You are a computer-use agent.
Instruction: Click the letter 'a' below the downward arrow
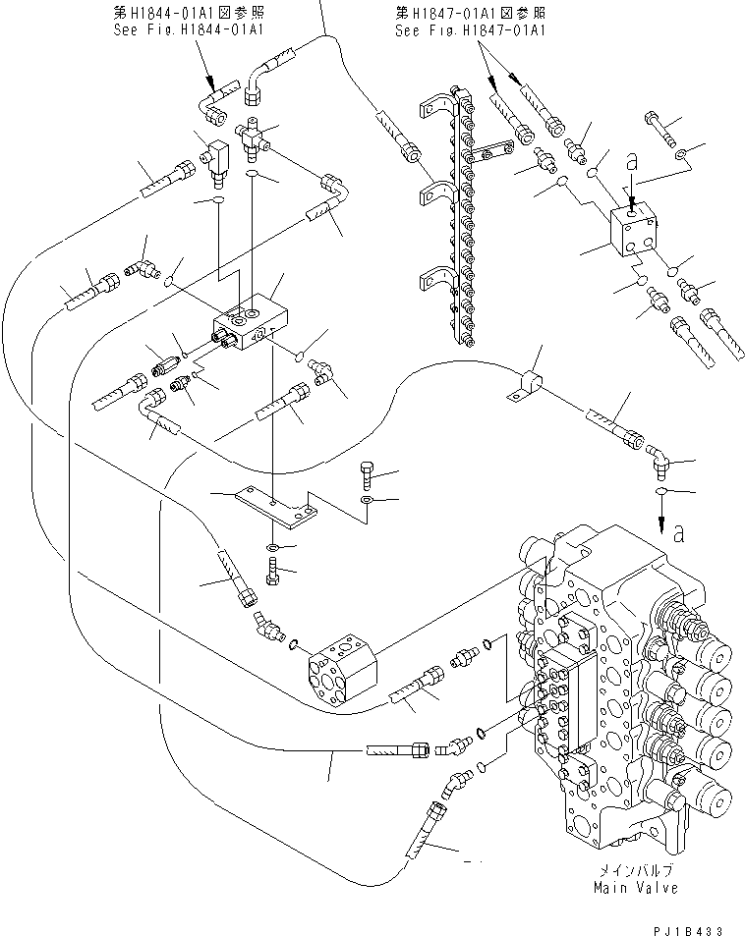click(x=678, y=533)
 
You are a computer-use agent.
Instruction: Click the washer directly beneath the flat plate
click(x=273, y=545)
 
